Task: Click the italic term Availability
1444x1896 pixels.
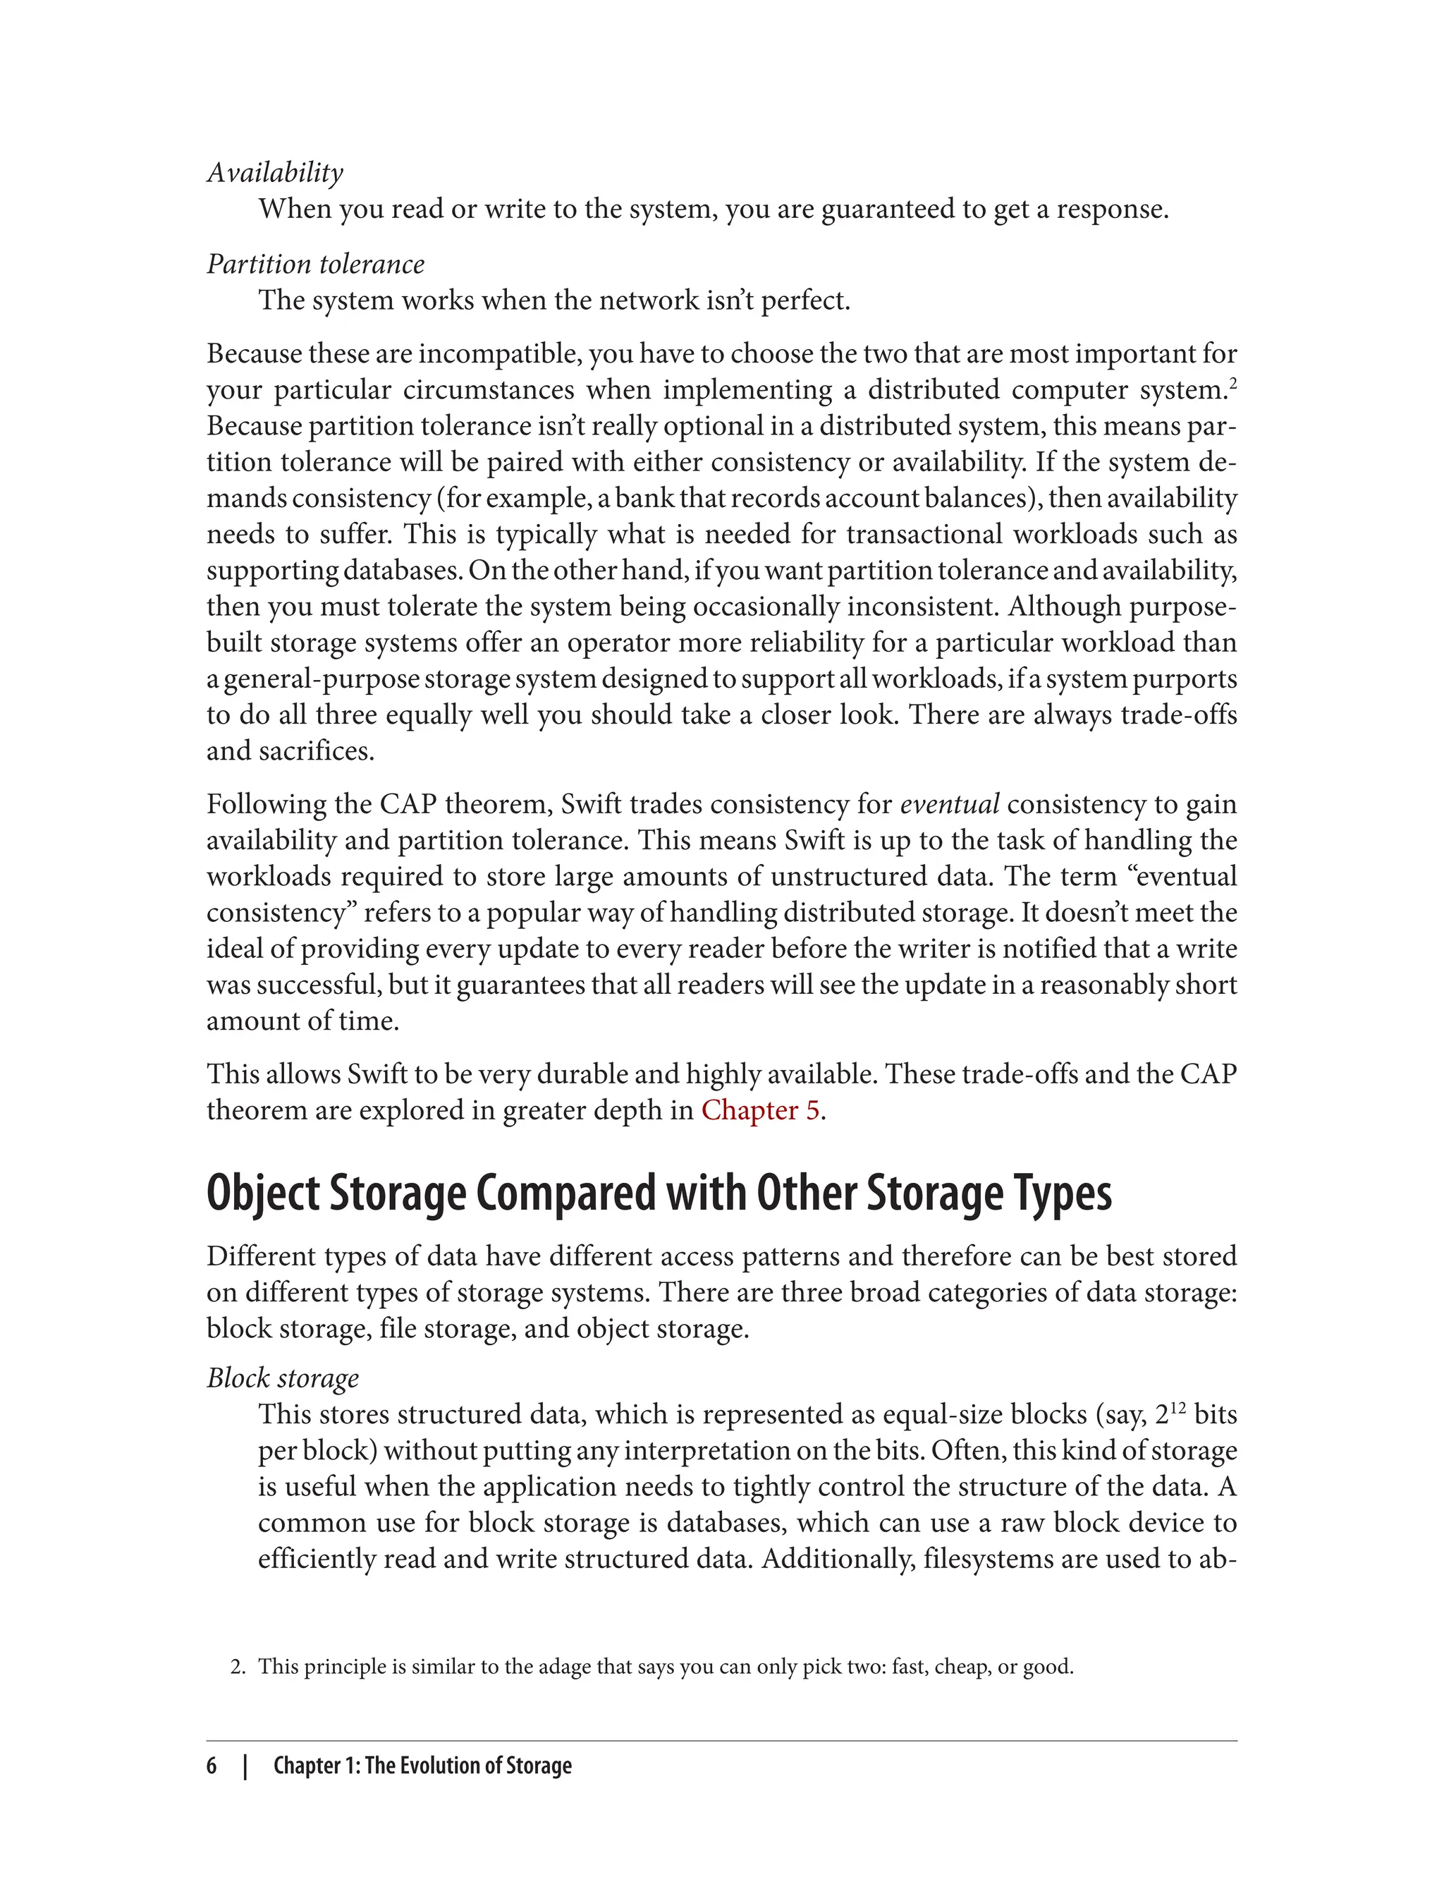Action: point(275,173)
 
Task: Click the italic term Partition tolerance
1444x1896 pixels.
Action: point(315,264)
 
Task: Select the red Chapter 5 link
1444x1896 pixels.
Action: point(760,1110)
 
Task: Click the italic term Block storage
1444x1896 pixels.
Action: point(283,1378)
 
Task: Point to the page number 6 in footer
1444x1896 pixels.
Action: point(212,1766)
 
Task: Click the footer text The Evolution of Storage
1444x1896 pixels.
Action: point(467,1766)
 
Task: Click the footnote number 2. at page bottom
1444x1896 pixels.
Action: point(238,1667)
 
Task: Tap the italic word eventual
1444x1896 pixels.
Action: point(949,804)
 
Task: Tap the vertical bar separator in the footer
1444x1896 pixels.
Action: point(246,1766)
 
